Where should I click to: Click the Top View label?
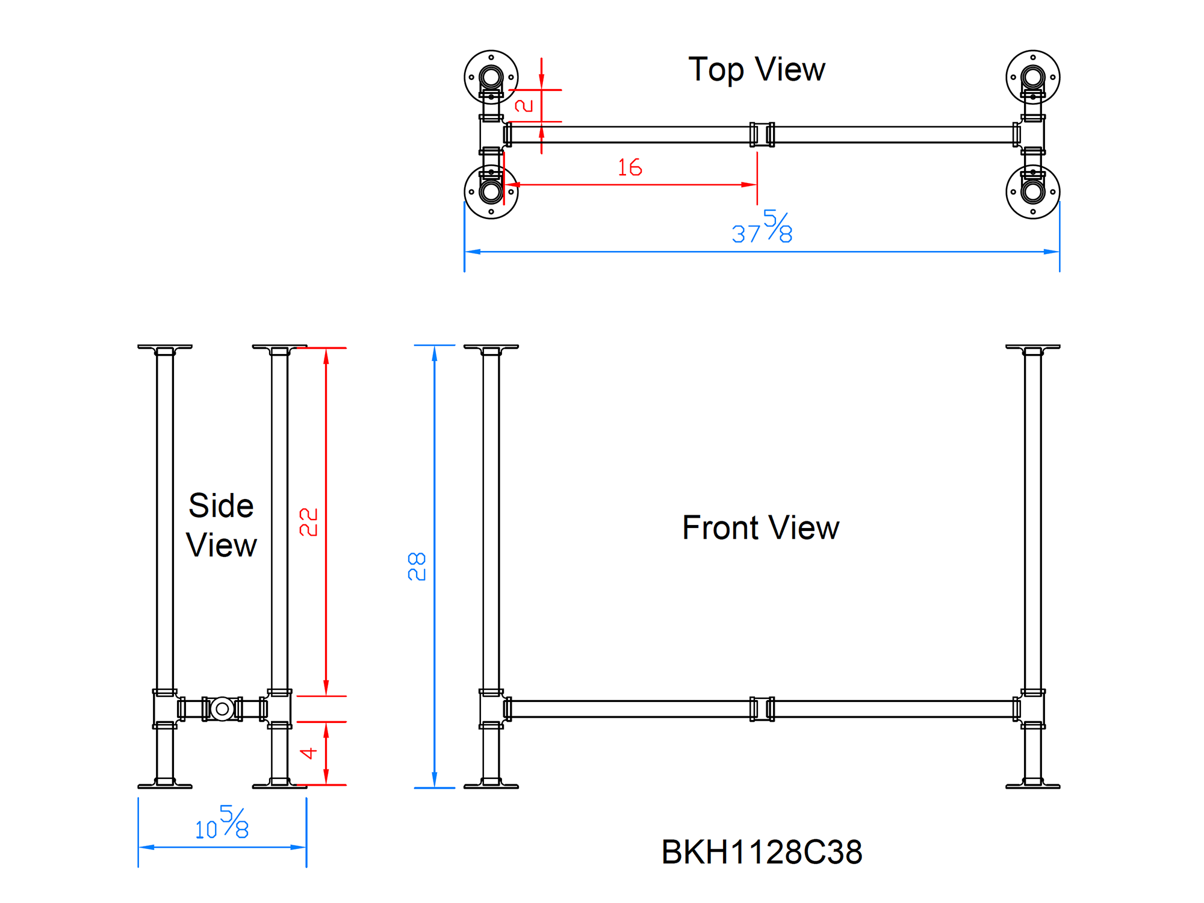[756, 70]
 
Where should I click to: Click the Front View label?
[760, 528]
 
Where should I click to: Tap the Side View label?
[221, 525]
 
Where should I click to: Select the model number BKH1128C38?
[762, 852]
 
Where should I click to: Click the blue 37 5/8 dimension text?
[762, 228]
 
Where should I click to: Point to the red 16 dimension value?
[630, 167]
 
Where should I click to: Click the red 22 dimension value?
[308, 521]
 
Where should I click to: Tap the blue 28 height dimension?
[417, 566]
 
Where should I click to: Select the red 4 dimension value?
[308, 753]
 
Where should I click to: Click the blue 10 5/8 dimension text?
[222, 824]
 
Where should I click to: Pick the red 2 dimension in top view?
[524, 105]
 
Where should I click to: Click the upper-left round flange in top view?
[491, 77]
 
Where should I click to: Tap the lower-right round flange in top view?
[1032, 192]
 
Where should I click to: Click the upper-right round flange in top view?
[1032, 77]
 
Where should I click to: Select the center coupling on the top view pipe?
[762, 134]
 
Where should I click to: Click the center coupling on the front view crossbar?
[762, 709]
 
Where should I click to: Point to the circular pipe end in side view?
[222, 709]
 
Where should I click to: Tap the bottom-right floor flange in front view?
[1032, 784]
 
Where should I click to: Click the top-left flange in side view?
[164, 347]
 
